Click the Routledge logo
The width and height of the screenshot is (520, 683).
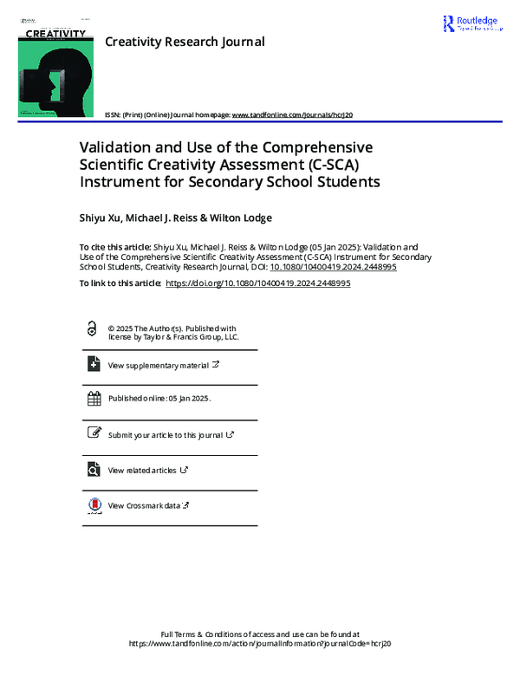(x=471, y=24)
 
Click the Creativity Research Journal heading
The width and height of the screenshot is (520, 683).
(x=185, y=42)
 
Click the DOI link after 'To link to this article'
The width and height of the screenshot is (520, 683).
(x=257, y=283)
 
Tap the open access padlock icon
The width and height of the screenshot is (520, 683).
(x=92, y=330)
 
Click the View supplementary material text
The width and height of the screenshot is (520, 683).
(x=158, y=366)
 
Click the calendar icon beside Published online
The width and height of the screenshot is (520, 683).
(x=94, y=400)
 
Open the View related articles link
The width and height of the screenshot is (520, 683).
(x=143, y=471)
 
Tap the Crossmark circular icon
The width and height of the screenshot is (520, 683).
(x=94, y=505)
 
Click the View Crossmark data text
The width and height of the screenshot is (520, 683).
(x=144, y=505)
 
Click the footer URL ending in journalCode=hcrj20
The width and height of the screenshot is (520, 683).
(x=260, y=644)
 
